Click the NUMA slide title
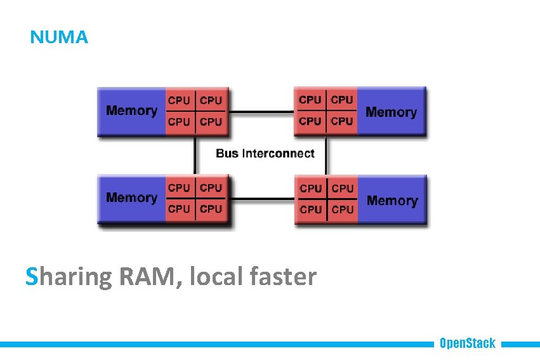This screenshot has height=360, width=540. click(x=59, y=37)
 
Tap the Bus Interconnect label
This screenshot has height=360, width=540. click(x=265, y=153)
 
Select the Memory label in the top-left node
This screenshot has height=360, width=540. click(x=131, y=110)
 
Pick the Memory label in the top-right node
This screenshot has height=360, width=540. click(x=391, y=112)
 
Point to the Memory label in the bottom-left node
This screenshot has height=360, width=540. click(x=131, y=197)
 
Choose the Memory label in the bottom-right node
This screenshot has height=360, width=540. click(x=392, y=201)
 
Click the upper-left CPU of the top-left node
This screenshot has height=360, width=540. click(x=179, y=100)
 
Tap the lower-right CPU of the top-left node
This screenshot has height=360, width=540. click(x=211, y=121)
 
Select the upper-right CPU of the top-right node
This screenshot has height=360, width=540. click(x=342, y=100)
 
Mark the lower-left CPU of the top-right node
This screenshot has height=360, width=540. click(x=310, y=121)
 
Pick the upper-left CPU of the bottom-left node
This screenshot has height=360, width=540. click(x=179, y=188)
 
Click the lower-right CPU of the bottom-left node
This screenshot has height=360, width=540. click(x=211, y=208)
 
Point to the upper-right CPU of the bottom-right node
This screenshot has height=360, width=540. click(x=343, y=189)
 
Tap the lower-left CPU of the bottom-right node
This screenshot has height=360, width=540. click(x=311, y=209)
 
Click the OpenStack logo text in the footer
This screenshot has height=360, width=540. click(x=467, y=343)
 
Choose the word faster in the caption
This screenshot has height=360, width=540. click(x=282, y=277)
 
